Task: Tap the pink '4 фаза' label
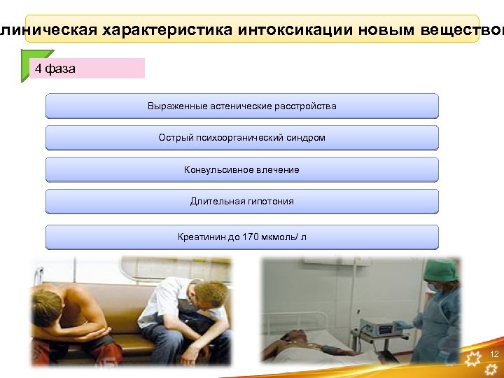click(87, 69)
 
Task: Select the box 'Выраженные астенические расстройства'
click(241, 106)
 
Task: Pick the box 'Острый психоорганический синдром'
click(241, 138)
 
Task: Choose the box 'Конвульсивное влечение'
click(241, 170)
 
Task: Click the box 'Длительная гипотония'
click(241, 202)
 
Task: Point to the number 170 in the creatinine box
click(251, 237)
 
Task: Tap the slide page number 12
click(494, 354)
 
